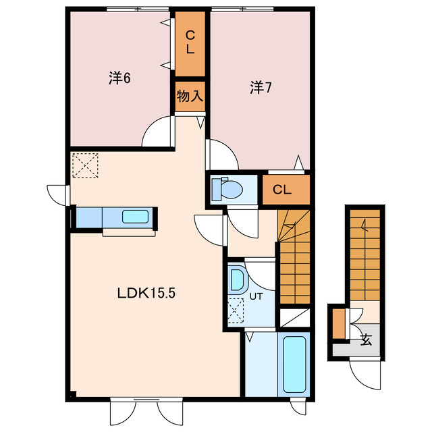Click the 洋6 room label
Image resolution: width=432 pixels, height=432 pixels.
coord(119,78)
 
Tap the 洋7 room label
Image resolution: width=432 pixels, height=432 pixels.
coord(261,88)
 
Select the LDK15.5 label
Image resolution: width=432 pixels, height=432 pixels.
coord(146,293)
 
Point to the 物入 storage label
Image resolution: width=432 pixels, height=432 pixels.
coord(190,96)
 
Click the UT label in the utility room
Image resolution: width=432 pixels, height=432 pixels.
coord(256,297)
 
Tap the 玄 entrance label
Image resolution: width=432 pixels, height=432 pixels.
coord(366,340)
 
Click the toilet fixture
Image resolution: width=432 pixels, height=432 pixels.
coord(227,189)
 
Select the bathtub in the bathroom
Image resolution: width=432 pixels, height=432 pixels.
coord(294,364)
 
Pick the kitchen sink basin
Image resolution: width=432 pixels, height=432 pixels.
coord(135,217)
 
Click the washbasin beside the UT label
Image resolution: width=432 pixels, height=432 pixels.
coord(238,279)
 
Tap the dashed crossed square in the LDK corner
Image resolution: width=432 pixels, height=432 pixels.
coord(85,165)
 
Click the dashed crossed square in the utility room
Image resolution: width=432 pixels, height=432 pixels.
coord(236,310)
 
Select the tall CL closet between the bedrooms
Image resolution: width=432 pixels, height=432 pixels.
coord(190,43)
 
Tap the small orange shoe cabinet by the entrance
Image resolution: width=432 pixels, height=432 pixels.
coord(339,324)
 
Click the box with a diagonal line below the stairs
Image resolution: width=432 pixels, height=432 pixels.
coord(295,318)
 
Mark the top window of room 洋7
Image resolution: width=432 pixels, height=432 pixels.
coord(242,9)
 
